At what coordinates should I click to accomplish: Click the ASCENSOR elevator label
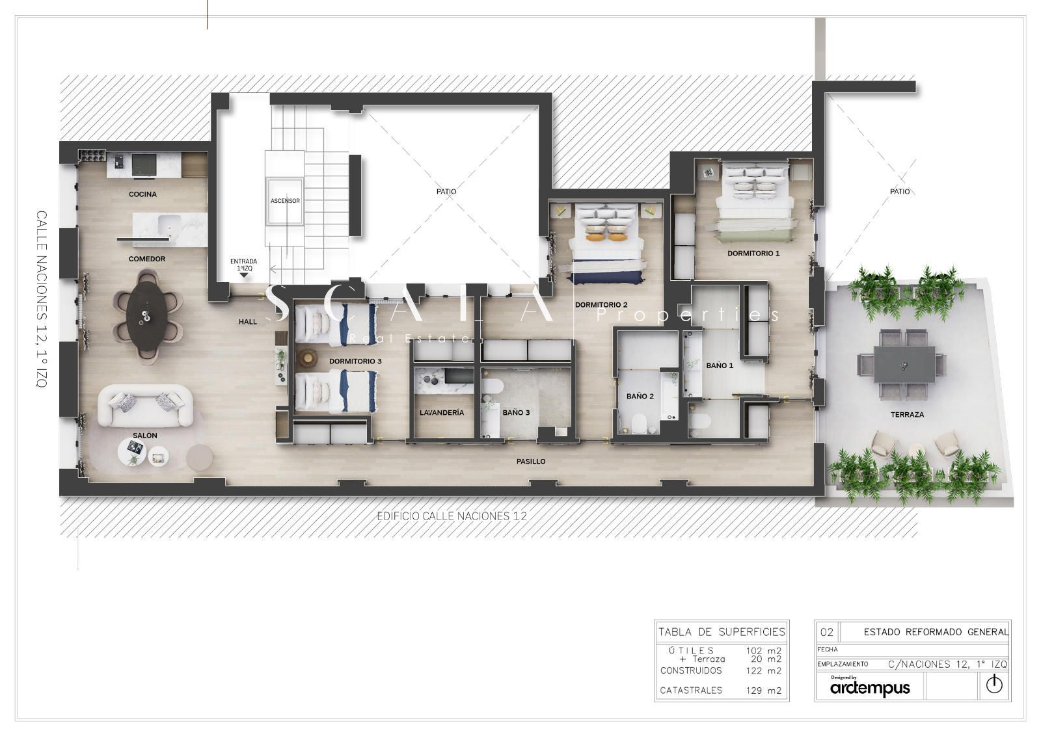(x=285, y=201)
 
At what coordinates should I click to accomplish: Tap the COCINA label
(x=142, y=194)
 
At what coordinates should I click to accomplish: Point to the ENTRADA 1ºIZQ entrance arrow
(x=244, y=276)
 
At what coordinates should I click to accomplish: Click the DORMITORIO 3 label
(x=355, y=361)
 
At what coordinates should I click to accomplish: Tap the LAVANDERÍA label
(x=442, y=412)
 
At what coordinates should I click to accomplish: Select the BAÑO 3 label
(x=516, y=412)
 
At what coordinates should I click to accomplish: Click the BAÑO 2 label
(x=640, y=396)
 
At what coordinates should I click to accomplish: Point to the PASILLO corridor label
(x=531, y=462)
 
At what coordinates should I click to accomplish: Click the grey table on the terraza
(x=904, y=364)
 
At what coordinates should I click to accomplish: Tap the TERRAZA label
(x=907, y=415)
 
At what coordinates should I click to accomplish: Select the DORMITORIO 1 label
(x=753, y=254)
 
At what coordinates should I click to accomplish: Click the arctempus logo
(x=870, y=688)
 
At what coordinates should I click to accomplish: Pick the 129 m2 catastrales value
(x=764, y=690)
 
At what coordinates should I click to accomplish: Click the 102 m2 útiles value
(x=764, y=651)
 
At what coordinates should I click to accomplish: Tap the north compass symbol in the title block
(x=994, y=685)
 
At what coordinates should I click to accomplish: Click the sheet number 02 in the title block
(x=827, y=632)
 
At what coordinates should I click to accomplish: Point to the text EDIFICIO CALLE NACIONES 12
(x=452, y=516)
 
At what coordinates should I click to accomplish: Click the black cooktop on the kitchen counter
(x=144, y=164)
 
